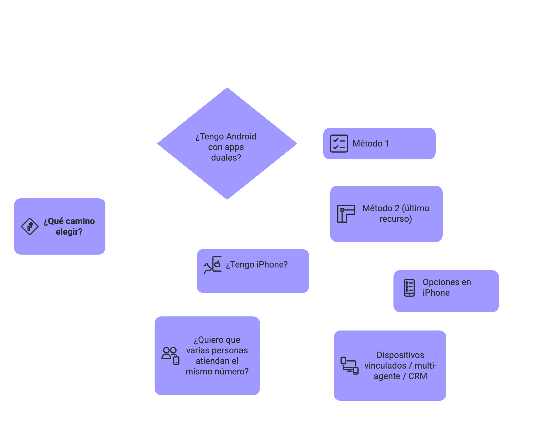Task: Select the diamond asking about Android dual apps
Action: (227, 144)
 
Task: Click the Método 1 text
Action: (371, 144)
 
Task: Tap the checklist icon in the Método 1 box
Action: (339, 144)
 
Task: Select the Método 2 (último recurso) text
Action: (396, 214)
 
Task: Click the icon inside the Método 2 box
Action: (346, 214)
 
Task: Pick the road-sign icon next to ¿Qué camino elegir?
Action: (30, 226)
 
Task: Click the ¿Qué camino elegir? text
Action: (69, 226)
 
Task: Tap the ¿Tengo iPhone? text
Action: (257, 265)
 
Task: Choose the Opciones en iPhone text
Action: (447, 287)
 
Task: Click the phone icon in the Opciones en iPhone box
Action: (409, 287)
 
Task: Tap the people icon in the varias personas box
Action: (170, 355)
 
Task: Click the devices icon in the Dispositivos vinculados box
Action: (349, 366)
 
